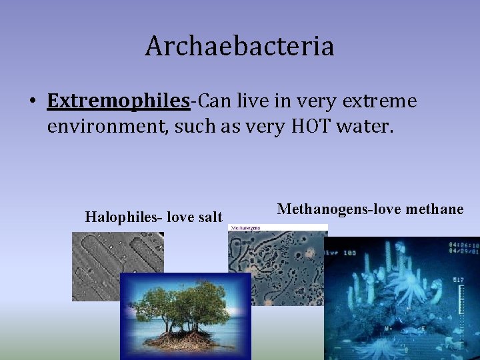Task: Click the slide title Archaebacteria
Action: (240, 46)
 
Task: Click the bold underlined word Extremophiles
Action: (118, 101)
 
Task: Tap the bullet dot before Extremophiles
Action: (32, 102)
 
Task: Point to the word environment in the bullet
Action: (108, 127)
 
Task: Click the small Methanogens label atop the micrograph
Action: (244, 228)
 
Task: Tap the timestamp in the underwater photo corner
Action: (463, 248)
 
